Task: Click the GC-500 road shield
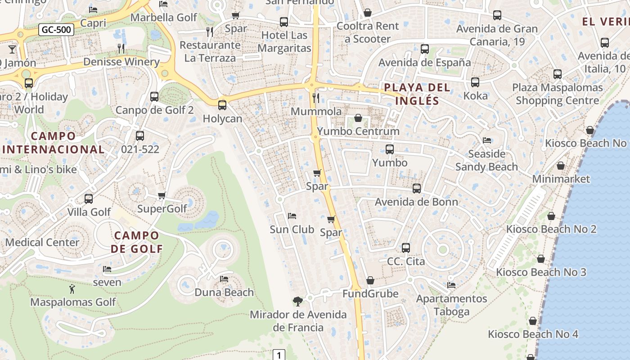click(56, 30)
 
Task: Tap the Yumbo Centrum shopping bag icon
click(358, 118)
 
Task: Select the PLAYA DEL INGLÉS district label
click(417, 94)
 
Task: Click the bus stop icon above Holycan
click(222, 105)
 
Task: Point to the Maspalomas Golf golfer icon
click(72, 288)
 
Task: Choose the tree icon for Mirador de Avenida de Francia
click(297, 301)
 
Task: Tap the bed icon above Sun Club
click(292, 216)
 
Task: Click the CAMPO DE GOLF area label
click(137, 242)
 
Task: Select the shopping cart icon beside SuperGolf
click(162, 195)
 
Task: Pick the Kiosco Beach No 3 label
click(541, 272)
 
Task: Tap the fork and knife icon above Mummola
click(316, 98)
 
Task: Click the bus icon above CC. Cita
click(406, 247)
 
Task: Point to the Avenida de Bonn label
click(416, 202)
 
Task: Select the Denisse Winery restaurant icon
click(121, 48)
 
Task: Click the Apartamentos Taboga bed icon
click(451, 285)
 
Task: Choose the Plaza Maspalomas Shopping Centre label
click(557, 94)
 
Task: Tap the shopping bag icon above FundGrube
click(370, 281)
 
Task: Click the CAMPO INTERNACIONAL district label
click(54, 142)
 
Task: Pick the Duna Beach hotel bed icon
click(224, 279)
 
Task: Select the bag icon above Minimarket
click(561, 166)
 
